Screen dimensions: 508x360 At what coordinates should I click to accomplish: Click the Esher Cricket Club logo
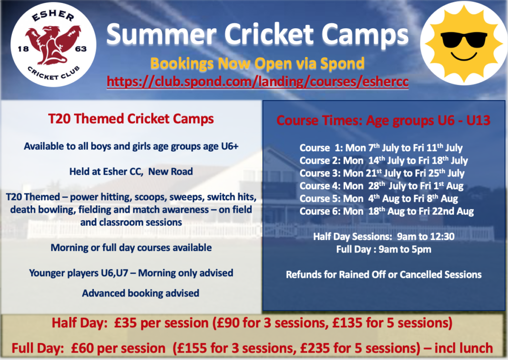(x=54, y=45)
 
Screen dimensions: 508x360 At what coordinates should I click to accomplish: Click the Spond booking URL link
(x=257, y=82)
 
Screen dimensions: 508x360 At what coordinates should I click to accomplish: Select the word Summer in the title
(x=162, y=34)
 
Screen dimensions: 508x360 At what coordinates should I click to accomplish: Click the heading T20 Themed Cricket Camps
(x=131, y=119)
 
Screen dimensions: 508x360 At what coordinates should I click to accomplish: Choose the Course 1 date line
(x=381, y=148)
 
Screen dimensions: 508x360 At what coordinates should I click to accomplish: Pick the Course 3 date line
(x=382, y=173)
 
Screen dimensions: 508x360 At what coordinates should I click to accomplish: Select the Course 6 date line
(x=386, y=211)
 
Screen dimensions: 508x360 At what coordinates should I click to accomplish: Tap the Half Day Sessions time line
(x=383, y=237)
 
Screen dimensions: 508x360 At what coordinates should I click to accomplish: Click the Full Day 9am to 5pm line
(x=383, y=249)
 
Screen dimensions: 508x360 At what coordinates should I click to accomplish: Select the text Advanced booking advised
(x=140, y=294)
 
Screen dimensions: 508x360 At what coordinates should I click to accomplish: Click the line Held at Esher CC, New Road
(x=131, y=172)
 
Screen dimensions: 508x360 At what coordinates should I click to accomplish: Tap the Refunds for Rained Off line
(x=383, y=275)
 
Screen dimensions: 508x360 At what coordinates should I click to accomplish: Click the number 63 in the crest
(x=81, y=49)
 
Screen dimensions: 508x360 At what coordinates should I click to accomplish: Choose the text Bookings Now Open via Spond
(x=257, y=63)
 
